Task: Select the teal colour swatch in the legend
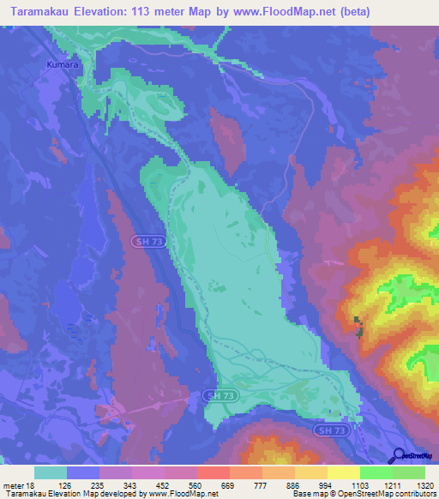[x=51, y=472]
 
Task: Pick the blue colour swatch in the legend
[x=83, y=472]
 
